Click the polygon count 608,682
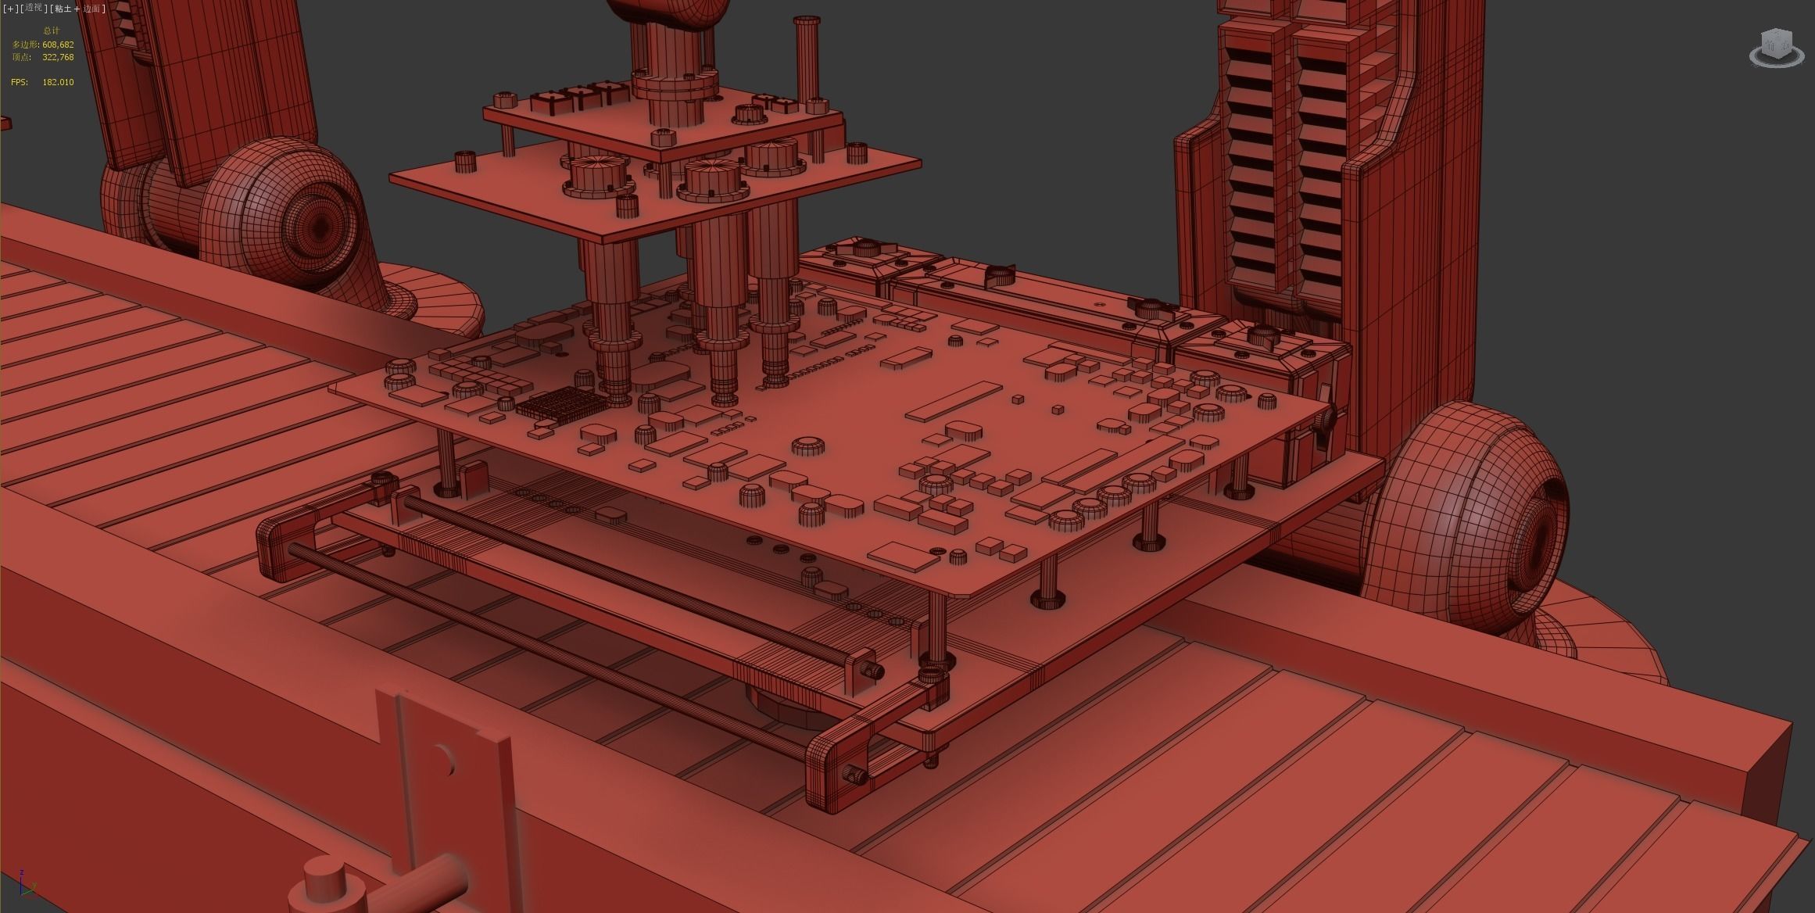pos(58,45)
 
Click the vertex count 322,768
pos(58,57)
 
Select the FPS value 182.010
pos(58,82)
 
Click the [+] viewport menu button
pos(9,8)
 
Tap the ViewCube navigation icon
pos(1776,47)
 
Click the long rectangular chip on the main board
pos(955,402)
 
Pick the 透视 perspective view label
pos(33,8)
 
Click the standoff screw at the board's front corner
pos(936,661)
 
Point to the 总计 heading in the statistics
pos(52,30)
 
